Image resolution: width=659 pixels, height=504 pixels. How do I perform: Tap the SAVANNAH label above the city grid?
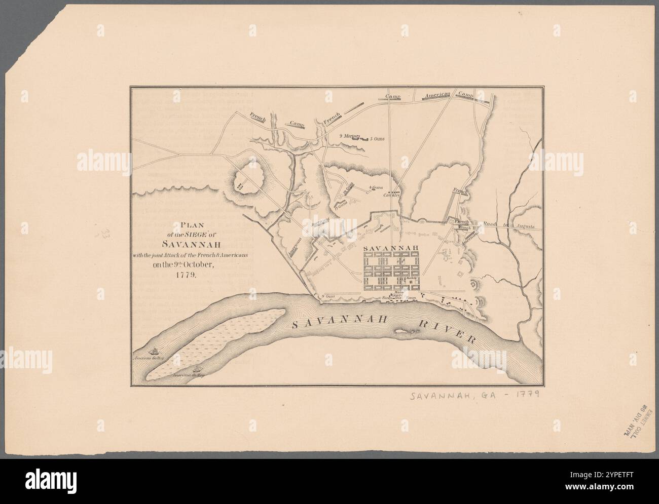pos(389,248)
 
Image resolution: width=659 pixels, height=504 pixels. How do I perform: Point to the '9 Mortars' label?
pos(349,136)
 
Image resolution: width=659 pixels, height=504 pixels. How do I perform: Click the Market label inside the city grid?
pos(412,279)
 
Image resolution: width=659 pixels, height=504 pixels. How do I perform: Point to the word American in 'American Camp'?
pos(437,96)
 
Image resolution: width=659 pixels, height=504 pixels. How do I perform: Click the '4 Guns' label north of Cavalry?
pos(375,187)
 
